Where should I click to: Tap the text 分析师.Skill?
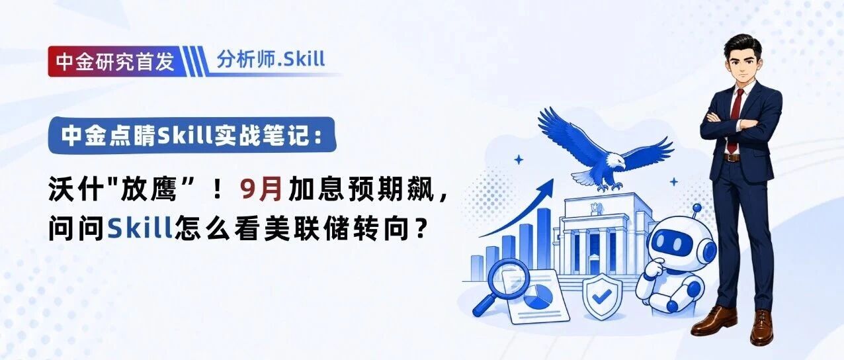pyautogui.click(x=271, y=59)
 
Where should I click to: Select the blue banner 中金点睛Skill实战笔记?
pyautogui.click(x=192, y=135)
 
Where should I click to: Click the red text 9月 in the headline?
pyautogui.click(x=261, y=188)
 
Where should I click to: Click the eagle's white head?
pyautogui.click(x=614, y=161)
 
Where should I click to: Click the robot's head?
pyautogui.click(x=682, y=245)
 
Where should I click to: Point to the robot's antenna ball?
pyautogui.click(x=697, y=208)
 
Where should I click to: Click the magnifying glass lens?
pyautogui.click(x=508, y=278)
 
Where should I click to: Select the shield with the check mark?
pyautogui.click(x=602, y=296)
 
